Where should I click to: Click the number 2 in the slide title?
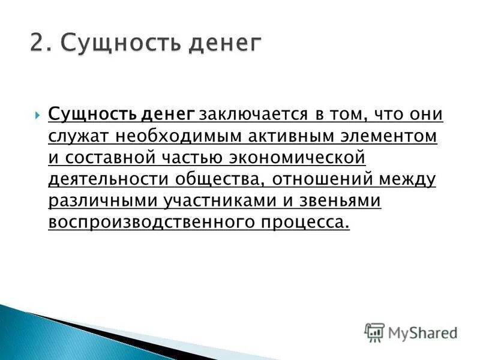point(37,44)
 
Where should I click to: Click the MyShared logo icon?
point(374,332)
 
